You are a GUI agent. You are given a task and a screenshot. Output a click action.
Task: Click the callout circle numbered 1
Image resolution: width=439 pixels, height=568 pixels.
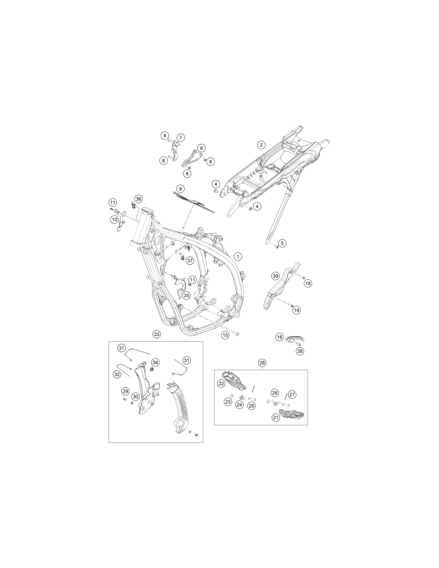[x=238, y=256]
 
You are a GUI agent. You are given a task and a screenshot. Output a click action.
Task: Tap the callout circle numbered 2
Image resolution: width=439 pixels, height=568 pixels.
[x=261, y=145]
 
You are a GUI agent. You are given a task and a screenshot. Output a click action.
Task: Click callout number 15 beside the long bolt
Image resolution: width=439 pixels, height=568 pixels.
[x=225, y=335]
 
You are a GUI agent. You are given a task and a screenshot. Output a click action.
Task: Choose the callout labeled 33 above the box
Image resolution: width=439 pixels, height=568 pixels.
[x=156, y=334]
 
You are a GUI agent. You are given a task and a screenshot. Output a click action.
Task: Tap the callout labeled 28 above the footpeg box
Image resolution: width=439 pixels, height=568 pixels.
[x=262, y=363]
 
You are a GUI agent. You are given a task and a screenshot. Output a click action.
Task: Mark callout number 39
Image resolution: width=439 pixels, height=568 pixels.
[x=275, y=276]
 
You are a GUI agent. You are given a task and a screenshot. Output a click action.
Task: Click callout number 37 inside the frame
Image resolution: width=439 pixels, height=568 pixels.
[x=190, y=260]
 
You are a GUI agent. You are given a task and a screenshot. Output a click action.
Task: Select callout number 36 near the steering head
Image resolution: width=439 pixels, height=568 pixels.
[x=138, y=199]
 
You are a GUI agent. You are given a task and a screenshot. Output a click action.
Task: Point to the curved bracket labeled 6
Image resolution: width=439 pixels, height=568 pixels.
[x=192, y=160]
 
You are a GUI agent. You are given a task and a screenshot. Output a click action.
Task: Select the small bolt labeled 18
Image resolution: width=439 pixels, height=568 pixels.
[x=302, y=276]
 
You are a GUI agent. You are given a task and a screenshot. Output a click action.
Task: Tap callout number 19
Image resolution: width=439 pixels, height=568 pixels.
[x=297, y=310]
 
